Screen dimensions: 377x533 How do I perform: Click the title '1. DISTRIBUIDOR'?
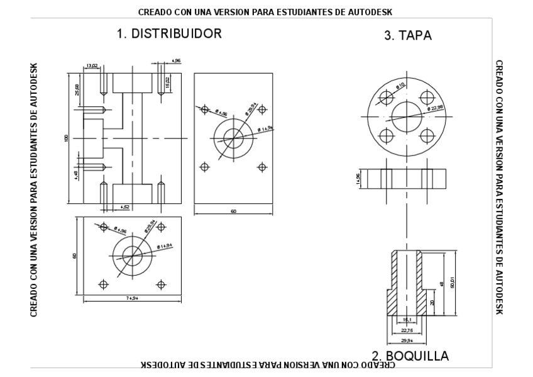point(169,34)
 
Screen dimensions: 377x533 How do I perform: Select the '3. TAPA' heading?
point(408,36)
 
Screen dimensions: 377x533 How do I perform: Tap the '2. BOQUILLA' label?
point(410,356)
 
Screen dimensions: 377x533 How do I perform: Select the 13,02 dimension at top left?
point(92,65)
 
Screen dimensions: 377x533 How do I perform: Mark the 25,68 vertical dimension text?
point(77,91)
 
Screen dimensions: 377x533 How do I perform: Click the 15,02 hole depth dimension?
point(167,82)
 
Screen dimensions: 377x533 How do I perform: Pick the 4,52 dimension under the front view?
point(125,206)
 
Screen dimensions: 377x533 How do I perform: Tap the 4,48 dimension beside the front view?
point(76,174)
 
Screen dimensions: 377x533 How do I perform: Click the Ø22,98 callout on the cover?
point(435,109)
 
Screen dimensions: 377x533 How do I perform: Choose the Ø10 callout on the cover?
point(400,84)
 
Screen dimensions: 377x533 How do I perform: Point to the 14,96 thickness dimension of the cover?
point(358,179)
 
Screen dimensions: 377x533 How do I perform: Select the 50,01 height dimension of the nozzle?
point(452,284)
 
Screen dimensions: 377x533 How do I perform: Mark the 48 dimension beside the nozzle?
point(441,284)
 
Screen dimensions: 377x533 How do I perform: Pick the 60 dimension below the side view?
point(233,211)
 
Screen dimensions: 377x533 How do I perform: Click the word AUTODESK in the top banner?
point(376,11)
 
